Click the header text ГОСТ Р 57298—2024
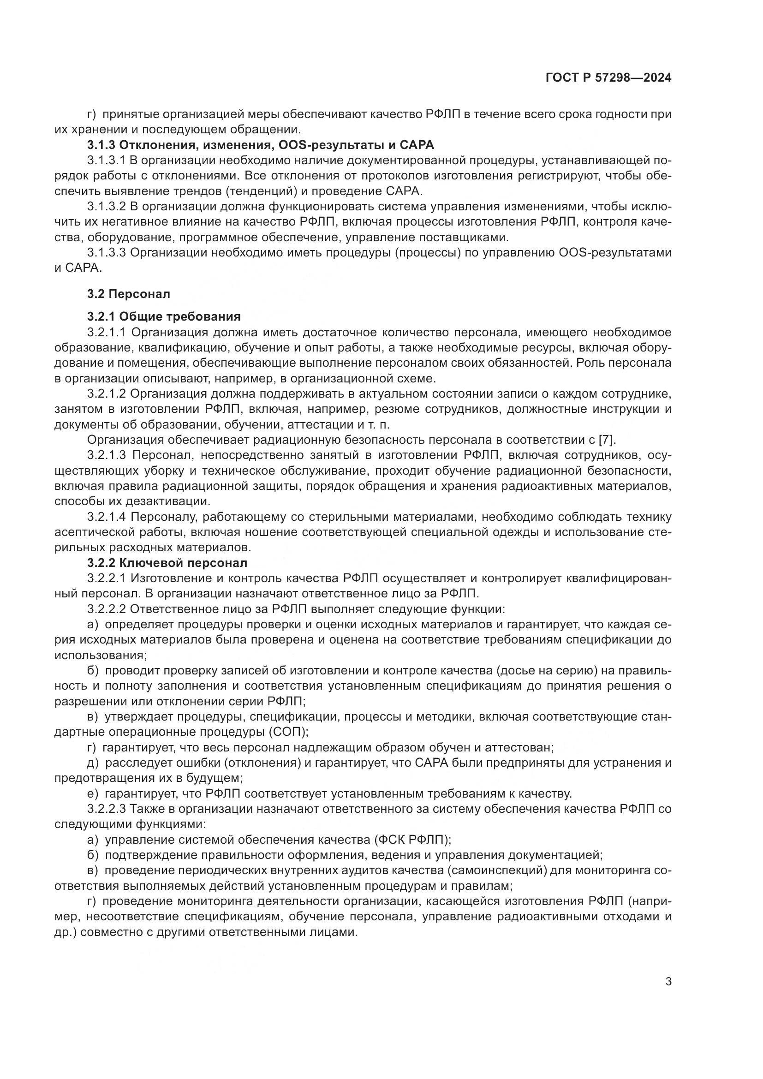[608, 78]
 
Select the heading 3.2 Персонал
[128, 294]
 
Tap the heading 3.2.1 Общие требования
[163, 316]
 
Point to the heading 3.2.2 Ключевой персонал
[167, 562]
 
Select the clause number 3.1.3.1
[106, 160]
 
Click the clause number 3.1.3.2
[106, 206]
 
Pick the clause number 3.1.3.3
[106, 252]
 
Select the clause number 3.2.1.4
[107, 517]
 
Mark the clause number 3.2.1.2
[107, 393]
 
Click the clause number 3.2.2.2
[106, 609]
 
